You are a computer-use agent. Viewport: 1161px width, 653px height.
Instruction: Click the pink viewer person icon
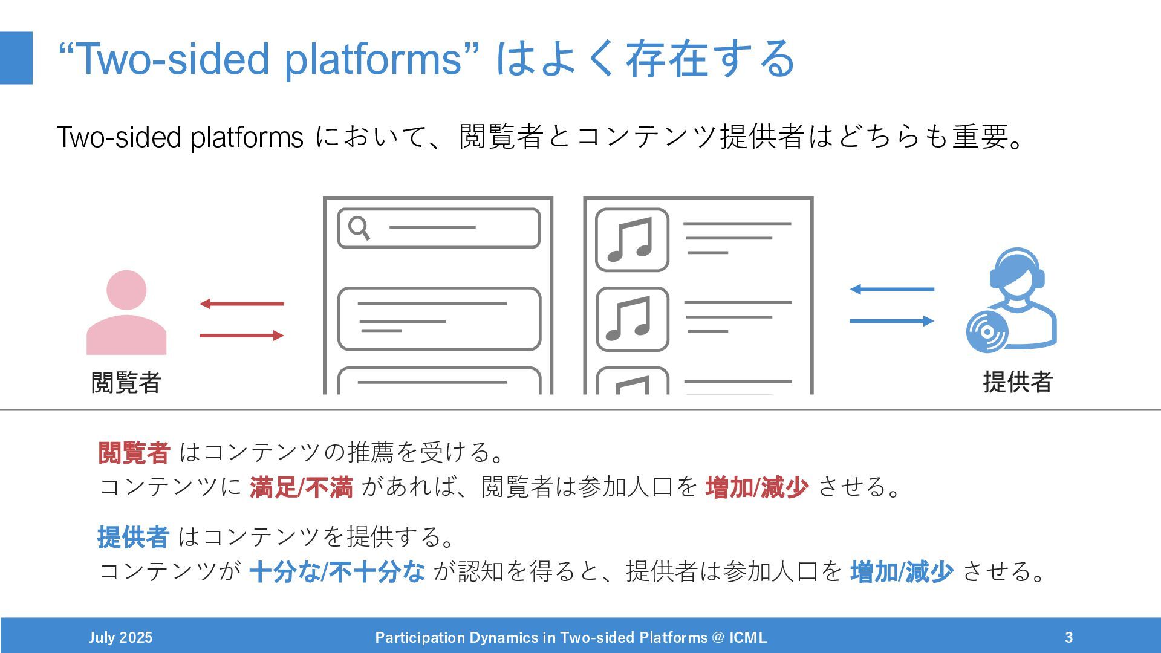[x=126, y=313]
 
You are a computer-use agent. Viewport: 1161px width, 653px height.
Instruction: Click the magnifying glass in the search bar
[x=359, y=228]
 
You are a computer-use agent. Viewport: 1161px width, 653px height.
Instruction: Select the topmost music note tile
[x=632, y=240]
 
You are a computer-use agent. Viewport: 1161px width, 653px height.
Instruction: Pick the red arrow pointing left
[x=241, y=304]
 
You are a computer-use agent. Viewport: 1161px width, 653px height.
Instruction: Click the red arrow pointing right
[x=241, y=335]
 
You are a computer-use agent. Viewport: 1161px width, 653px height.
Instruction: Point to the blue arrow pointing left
[x=892, y=289]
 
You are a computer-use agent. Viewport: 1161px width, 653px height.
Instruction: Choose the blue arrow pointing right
[x=892, y=321]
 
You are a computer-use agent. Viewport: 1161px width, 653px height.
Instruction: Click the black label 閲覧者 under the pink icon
[x=126, y=382]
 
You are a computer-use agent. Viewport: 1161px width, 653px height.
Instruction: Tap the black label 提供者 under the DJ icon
[x=1018, y=382]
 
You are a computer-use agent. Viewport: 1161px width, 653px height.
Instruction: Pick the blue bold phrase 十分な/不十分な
[x=337, y=571]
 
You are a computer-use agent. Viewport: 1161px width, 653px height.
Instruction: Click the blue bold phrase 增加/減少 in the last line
[x=902, y=571]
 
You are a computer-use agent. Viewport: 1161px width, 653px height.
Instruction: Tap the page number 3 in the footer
[x=1068, y=637]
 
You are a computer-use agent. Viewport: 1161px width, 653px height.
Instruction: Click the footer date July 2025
[x=120, y=637]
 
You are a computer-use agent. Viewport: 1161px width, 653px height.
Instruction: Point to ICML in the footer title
[x=748, y=637]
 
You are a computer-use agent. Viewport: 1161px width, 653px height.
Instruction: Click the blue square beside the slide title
[x=16, y=58]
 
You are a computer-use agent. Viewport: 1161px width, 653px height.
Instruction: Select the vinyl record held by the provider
[x=987, y=332]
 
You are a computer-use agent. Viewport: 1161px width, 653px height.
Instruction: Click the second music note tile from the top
[x=632, y=319]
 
